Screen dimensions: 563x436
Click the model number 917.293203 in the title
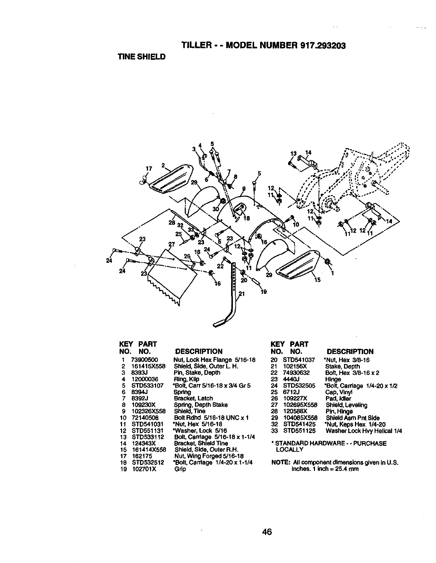pos(322,46)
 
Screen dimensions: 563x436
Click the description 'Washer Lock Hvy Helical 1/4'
pos(363,431)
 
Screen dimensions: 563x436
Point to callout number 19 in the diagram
pos(264,292)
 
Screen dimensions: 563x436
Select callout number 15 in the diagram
pos(317,280)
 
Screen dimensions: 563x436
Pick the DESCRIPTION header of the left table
pos(199,352)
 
